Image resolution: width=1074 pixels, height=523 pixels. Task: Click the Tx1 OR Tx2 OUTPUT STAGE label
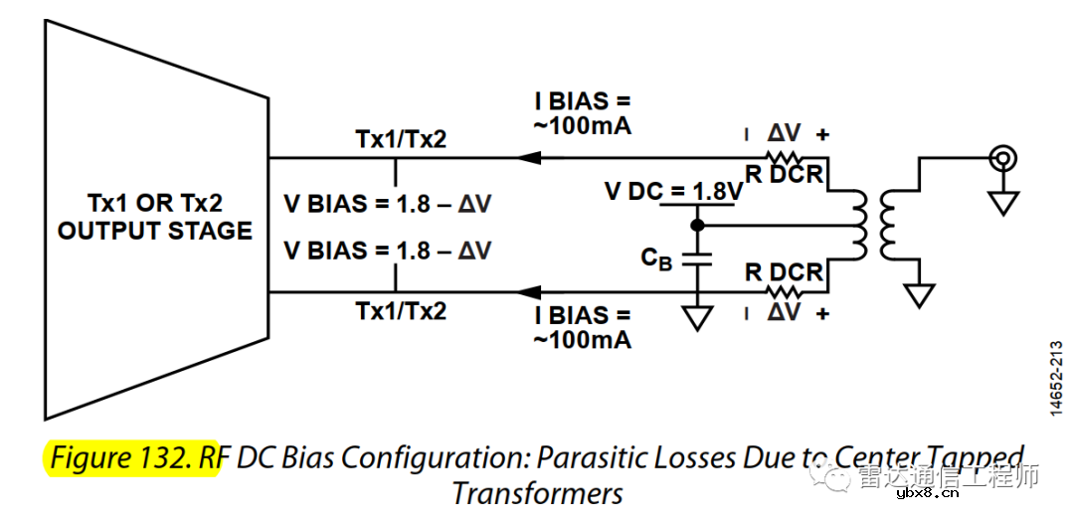click(154, 217)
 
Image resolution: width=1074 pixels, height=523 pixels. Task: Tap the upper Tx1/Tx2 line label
click(401, 139)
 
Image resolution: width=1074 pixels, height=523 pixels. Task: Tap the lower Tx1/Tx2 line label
click(401, 311)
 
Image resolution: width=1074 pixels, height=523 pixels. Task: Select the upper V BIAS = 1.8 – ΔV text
click(387, 204)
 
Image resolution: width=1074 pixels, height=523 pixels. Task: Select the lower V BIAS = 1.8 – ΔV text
click(387, 250)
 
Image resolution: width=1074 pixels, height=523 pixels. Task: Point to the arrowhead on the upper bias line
click(528, 157)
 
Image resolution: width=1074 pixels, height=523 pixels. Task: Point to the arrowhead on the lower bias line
click(528, 292)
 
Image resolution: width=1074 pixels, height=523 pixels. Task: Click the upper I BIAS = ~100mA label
click(583, 114)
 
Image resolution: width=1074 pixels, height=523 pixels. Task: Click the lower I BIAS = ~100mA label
click(583, 327)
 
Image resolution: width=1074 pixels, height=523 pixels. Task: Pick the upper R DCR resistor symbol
click(785, 157)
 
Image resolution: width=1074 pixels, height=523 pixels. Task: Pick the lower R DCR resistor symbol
click(785, 292)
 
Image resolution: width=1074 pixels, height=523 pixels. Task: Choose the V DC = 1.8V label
click(673, 191)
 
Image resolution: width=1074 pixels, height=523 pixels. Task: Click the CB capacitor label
click(656, 259)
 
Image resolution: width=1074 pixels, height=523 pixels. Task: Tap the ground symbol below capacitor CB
click(698, 317)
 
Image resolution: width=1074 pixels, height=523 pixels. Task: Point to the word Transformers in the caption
click(537, 492)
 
